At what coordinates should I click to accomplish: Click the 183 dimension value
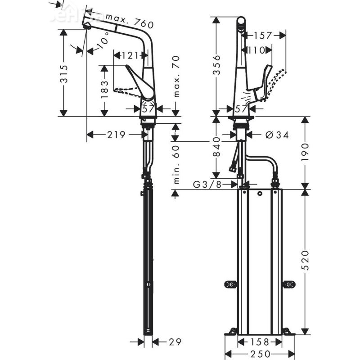(104, 90)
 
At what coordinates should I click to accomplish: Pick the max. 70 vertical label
(176, 76)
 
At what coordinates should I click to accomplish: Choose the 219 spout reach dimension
(115, 135)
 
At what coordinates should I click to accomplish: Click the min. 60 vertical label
(176, 164)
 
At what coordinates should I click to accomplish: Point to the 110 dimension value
(256, 50)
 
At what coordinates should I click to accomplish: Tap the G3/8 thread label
(209, 184)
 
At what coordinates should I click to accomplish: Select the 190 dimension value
(306, 151)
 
